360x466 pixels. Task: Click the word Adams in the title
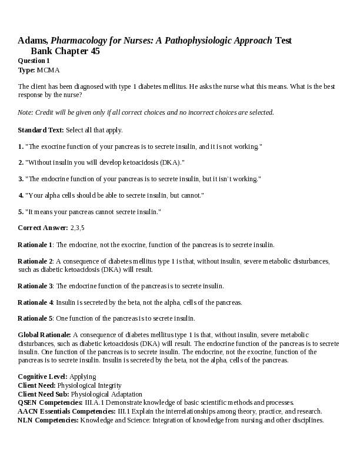[33, 41]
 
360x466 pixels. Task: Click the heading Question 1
[34, 61]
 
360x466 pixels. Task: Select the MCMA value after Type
[48, 70]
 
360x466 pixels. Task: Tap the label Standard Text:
[41, 130]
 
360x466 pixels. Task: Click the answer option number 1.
[21, 146]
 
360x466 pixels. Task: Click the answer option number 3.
[21, 179]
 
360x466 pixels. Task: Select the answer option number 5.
[21, 211]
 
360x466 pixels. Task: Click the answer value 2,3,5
[78, 228]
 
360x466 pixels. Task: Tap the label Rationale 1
[35, 244]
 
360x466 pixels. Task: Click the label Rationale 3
[35, 286]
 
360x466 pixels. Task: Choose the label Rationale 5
[35, 318]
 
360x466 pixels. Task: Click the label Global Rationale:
[45, 335]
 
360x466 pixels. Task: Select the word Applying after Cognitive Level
[83, 376]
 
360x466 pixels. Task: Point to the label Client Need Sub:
[44, 394]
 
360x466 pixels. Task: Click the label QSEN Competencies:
[51, 402]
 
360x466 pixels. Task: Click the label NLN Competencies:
[48, 420]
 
